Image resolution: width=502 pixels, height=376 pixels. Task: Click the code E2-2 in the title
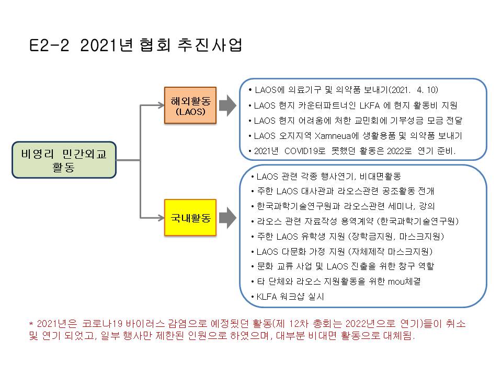49,45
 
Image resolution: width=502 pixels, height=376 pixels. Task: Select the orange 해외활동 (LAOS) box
190,105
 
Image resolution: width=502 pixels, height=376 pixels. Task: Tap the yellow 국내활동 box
190,218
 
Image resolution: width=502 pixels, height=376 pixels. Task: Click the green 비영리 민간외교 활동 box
64,160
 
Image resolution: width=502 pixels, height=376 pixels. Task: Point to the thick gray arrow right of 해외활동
227,105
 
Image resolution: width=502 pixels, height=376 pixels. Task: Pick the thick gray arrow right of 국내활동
227,218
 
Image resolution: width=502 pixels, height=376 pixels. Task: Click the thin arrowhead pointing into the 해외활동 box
161,105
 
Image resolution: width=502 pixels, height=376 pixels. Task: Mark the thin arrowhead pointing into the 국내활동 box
161,218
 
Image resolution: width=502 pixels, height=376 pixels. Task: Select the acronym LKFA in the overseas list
370,105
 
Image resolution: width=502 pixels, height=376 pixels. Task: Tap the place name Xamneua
333,136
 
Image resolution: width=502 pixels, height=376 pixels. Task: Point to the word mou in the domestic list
396,281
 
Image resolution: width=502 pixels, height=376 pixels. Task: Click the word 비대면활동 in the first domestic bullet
380,176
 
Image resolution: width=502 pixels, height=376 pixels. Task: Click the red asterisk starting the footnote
31,324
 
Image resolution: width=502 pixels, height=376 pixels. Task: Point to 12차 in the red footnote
299,324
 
